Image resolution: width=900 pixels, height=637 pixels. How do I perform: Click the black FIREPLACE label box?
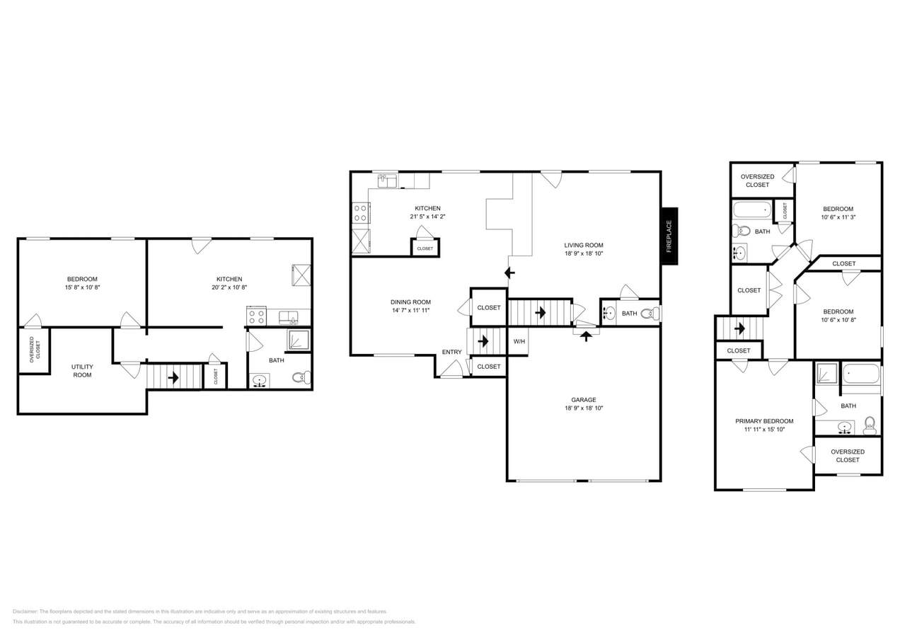tap(669, 236)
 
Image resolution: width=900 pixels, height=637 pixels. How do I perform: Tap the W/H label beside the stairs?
tap(519, 342)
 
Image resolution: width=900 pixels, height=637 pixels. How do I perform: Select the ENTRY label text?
tap(451, 352)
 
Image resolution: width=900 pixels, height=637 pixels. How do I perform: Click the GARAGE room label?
tap(584, 400)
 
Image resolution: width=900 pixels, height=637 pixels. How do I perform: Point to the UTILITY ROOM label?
tap(82, 370)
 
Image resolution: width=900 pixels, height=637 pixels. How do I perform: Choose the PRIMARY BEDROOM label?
tap(764, 421)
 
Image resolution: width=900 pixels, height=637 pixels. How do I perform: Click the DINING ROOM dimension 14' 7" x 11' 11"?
tap(410, 311)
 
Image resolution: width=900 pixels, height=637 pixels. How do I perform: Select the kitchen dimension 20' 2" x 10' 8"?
tap(229, 288)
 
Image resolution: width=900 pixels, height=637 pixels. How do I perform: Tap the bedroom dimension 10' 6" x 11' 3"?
tap(838, 217)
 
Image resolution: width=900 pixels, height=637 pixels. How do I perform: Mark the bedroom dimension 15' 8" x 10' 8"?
tap(82, 287)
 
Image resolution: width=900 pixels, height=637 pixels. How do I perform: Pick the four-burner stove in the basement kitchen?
tap(255, 316)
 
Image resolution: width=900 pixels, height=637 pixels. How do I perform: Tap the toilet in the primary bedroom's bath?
tap(870, 425)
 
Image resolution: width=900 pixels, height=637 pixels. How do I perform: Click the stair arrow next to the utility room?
tap(173, 377)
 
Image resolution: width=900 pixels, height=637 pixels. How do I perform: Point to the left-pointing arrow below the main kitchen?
tap(509, 272)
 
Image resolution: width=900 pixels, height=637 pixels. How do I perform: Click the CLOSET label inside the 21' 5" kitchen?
tap(425, 248)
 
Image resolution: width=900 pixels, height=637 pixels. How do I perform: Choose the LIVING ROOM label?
tap(584, 245)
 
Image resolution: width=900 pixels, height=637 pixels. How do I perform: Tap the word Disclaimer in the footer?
tap(25, 612)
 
